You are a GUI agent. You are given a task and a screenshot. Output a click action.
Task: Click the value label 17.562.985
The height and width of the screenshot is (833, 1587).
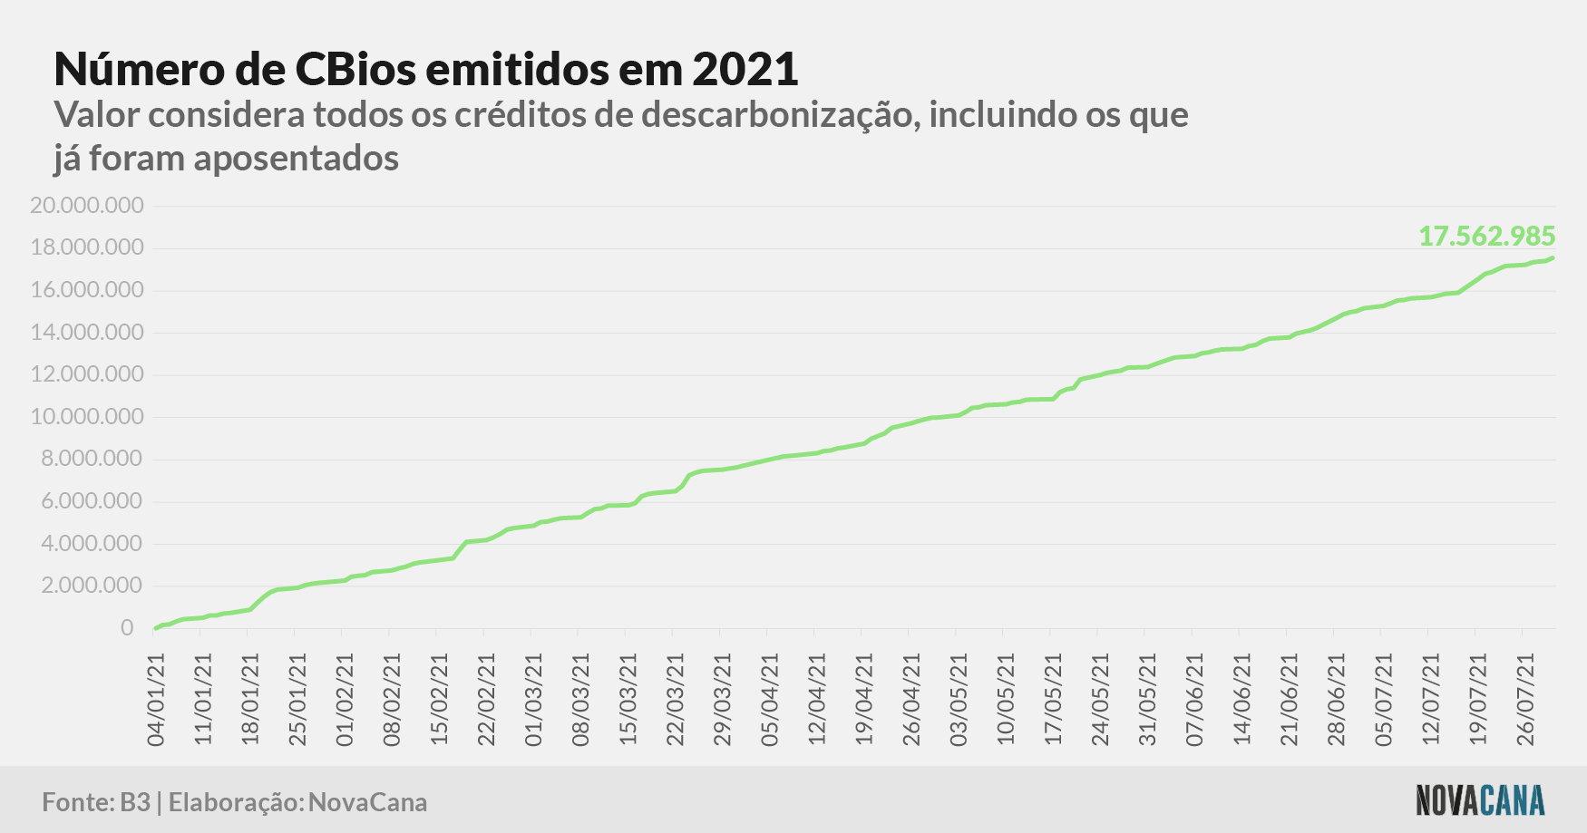[x=1486, y=237]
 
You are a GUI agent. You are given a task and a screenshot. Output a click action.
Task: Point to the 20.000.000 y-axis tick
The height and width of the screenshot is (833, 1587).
[x=87, y=206]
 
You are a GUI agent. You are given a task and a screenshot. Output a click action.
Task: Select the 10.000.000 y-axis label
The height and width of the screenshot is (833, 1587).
[x=87, y=417]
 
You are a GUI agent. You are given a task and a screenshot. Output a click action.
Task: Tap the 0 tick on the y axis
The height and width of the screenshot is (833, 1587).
[x=127, y=628]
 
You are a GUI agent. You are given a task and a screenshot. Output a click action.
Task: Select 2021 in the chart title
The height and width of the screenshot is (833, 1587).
[x=745, y=69]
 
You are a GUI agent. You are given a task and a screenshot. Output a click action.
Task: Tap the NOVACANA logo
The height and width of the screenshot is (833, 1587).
[x=1480, y=800]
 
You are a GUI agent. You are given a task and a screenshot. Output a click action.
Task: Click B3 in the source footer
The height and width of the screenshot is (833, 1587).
[x=135, y=802]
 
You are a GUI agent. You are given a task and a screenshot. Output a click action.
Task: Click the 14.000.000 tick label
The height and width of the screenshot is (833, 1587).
[x=87, y=333]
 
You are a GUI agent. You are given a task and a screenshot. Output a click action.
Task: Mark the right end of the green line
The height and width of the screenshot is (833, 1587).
[x=1553, y=258]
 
